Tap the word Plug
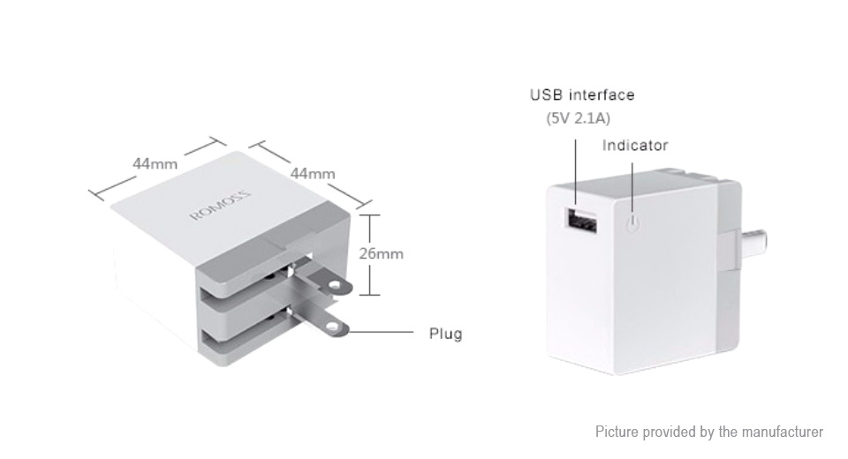445,334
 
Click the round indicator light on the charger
631,224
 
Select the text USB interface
581,95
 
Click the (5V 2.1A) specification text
579,118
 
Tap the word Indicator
635,146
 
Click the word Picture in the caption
617,432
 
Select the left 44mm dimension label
155,164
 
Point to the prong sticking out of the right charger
750,239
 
